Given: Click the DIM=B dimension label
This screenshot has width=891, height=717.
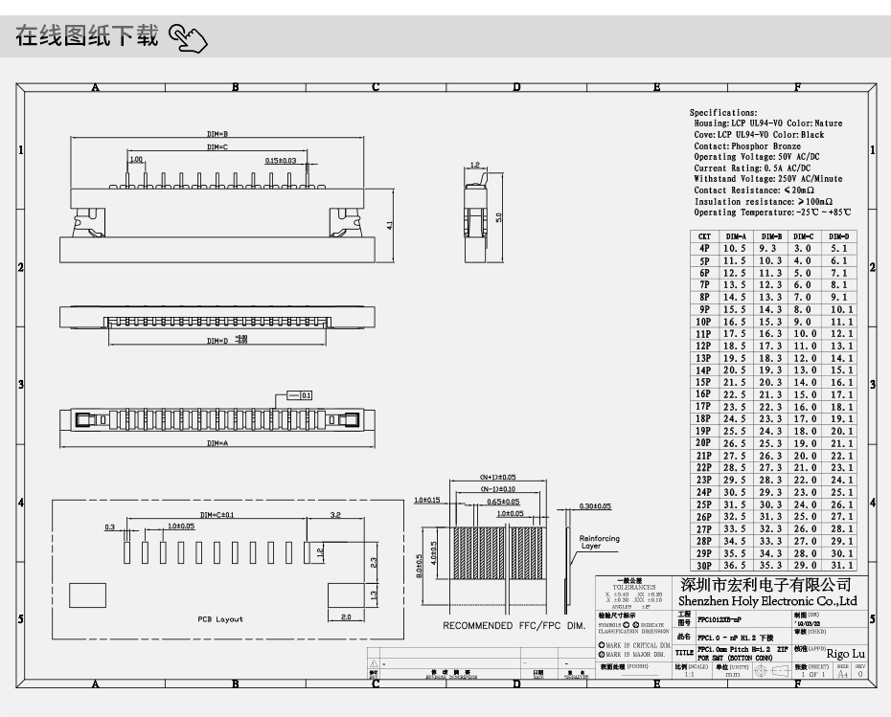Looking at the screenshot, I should tap(217, 134).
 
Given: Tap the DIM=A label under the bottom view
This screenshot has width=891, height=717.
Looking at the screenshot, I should tap(217, 444).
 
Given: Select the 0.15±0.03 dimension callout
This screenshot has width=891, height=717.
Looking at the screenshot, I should tap(281, 161).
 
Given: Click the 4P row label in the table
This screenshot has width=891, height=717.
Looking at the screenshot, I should tap(704, 248).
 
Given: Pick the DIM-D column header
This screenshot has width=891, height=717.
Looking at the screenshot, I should tap(838, 235).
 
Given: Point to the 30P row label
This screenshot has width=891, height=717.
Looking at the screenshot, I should tap(704, 565).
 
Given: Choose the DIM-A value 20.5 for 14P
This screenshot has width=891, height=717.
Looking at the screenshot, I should tap(735, 370).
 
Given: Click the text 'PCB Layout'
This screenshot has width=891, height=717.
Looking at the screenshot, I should tap(220, 619).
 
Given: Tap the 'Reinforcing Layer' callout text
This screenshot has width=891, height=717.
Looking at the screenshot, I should tap(600, 542).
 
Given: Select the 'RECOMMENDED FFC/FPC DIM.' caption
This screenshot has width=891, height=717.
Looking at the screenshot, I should tap(514, 626).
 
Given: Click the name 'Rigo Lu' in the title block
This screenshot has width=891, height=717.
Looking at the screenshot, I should tap(845, 654).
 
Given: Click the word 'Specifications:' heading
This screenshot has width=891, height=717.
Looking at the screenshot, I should tap(723, 113).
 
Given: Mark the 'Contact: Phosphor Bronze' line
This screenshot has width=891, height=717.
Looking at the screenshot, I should tap(747, 146).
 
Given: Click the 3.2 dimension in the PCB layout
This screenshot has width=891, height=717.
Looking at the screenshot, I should tap(335, 515).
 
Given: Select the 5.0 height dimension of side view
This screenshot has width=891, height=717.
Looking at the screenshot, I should tap(499, 214).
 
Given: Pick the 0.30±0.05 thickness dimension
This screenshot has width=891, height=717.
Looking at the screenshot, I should tap(595, 506).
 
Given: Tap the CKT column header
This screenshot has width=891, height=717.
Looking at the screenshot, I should tap(704, 235).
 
